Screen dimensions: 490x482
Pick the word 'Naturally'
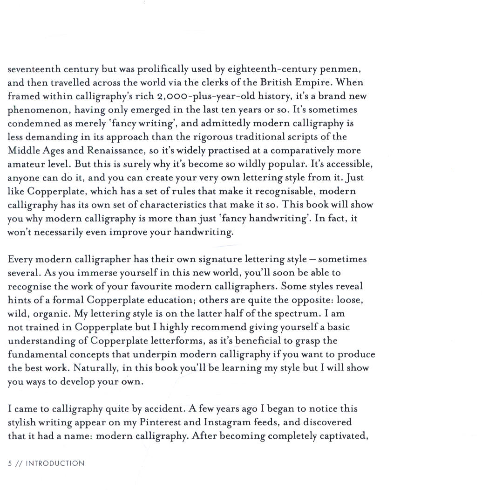(x=96, y=368)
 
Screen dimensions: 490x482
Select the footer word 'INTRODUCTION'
(x=55, y=463)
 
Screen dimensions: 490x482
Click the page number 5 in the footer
(x=10, y=463)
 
